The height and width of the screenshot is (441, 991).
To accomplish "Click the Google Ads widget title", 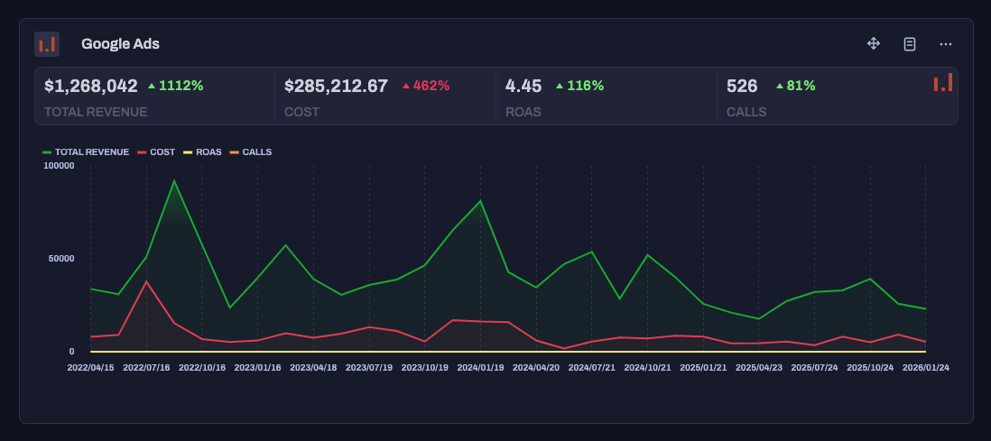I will tap(120, 43).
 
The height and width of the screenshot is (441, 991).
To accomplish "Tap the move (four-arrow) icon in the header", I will tap(874, 43).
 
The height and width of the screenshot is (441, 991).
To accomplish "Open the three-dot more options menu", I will tap(946, 43).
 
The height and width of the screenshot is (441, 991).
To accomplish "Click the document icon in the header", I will tap(910, 43).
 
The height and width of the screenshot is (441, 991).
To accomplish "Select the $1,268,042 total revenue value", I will tap(91, 86).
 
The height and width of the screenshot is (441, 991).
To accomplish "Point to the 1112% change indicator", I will tap(176, 86).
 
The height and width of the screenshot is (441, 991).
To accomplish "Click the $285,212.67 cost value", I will tap(336, 86).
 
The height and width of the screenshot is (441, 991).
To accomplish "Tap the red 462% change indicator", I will tap(426, 86).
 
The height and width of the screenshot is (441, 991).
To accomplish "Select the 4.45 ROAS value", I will tap(523, 86).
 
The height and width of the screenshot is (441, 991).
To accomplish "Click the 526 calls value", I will tap(742, 86).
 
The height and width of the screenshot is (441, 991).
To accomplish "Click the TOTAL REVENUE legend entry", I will tap(87, 152).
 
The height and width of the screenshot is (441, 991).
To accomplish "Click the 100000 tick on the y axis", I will tap(59, 166).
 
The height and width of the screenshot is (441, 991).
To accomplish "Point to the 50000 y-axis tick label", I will tap(61, 259).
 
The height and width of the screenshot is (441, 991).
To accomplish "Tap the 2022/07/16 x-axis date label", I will tap(146, 368).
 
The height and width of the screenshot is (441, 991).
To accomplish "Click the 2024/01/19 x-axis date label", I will tap(480, 368).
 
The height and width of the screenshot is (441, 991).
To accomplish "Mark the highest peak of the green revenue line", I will tap(174, 181).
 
